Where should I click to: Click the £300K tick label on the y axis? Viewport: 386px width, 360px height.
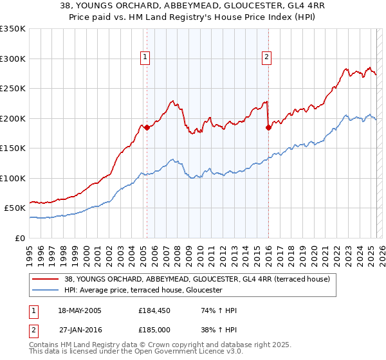13,59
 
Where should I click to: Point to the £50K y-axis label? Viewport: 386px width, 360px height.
15,208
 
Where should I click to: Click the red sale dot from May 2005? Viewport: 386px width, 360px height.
147,127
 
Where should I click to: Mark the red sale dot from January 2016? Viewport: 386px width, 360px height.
268,127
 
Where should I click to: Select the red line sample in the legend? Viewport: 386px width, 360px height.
46,279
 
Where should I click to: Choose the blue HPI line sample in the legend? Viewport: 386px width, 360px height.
46,291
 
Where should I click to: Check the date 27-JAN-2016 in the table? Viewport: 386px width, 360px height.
80,330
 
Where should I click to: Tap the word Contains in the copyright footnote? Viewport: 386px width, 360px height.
44,346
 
